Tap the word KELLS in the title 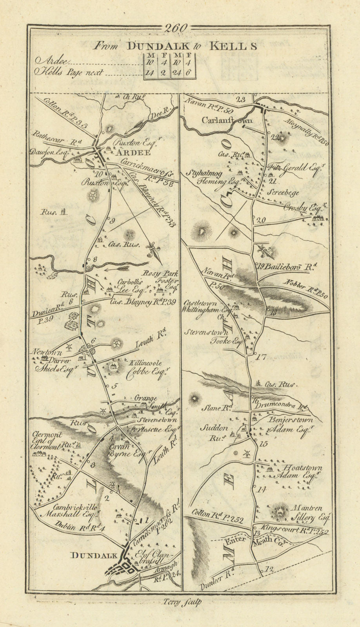pyautogui.click(x=232, y=46)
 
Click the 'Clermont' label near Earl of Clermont pyautogui.click(x=53, y=434)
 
